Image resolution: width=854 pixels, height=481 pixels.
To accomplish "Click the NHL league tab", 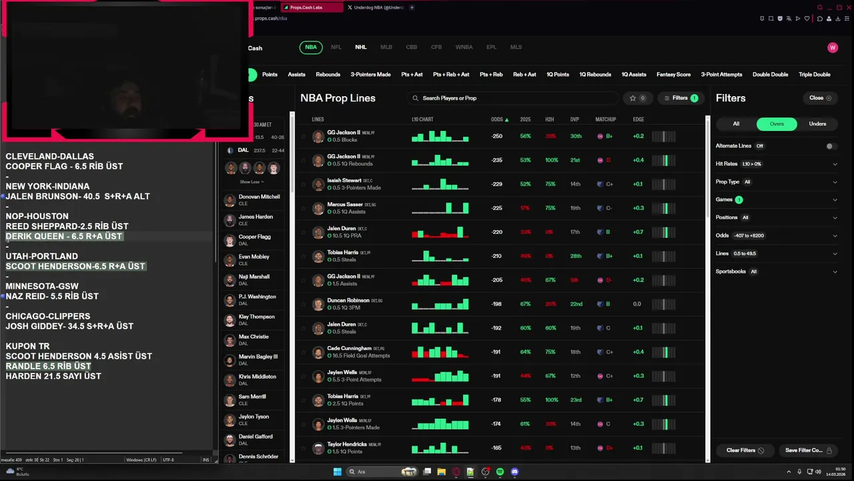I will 361,47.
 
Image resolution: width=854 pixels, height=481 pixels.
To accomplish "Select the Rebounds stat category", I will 328,75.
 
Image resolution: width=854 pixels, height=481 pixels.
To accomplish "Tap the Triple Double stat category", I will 814,75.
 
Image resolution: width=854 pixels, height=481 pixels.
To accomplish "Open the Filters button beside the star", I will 680,98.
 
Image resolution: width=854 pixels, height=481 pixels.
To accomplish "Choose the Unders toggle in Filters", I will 817,124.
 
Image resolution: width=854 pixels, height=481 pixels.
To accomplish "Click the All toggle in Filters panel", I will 736,124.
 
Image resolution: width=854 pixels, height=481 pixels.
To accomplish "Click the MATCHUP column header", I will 605,120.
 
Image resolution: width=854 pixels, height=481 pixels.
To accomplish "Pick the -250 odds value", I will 496,136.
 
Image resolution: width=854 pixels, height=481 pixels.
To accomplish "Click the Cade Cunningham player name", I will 349,348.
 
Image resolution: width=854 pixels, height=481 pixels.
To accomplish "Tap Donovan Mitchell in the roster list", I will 259,196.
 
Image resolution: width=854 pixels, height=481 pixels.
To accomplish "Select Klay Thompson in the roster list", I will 256,317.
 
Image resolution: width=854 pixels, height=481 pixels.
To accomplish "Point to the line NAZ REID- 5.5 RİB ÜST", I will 52,296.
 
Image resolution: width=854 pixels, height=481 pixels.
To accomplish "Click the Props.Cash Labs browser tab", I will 306,7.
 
